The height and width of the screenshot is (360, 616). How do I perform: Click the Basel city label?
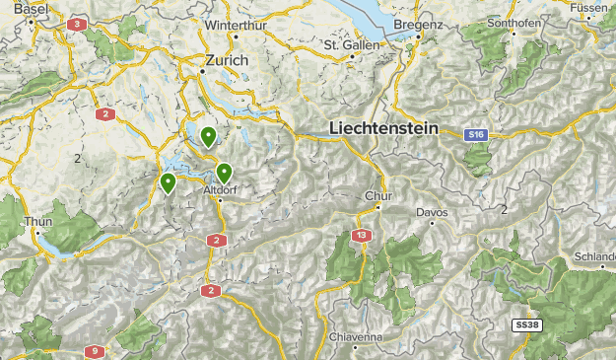(x=32, y=8)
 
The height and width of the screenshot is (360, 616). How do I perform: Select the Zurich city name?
(x=226, y=60)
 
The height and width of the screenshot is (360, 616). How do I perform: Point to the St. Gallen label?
(x=352, y=44)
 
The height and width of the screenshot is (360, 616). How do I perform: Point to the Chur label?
(x=378, y=195)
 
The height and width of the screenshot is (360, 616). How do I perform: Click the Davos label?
(x=432, y=212)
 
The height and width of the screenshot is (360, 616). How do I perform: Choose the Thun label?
(x=37, y=222)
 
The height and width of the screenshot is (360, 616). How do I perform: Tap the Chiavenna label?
(x=356, y=337)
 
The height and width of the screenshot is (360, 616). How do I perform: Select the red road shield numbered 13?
(x=363, y=236)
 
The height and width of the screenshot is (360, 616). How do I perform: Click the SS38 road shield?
(x=527, y=324)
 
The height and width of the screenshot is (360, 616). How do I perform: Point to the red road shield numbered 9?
(x=96, y=350)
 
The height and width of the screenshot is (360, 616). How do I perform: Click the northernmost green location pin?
(x=208, y=136)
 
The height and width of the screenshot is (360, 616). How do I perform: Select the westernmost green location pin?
(x=168, y=182)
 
